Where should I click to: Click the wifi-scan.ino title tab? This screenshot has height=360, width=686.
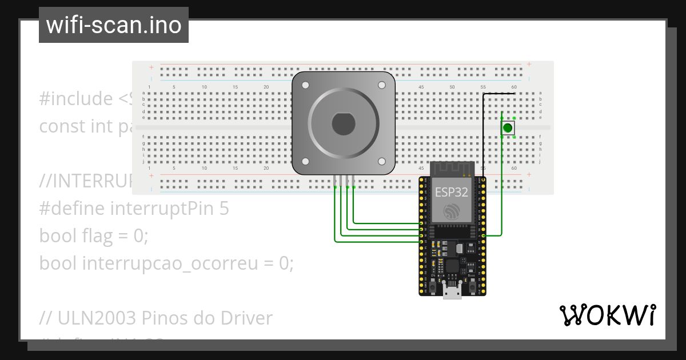coord(113,25)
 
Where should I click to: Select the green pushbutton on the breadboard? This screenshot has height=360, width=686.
coord(508,128)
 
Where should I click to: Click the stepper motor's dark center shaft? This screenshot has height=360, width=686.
coord(344,123)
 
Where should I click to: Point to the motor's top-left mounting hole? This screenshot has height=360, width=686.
coord(305,85)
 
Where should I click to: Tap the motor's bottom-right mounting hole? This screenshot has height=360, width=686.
coord(381,162)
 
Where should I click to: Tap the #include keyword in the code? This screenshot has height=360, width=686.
coord(76,99)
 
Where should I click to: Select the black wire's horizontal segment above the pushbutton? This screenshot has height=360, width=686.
coord(499,94)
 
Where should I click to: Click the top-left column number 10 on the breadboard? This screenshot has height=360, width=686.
coord(204,87)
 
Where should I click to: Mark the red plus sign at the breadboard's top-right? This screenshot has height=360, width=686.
coord(529,64)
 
